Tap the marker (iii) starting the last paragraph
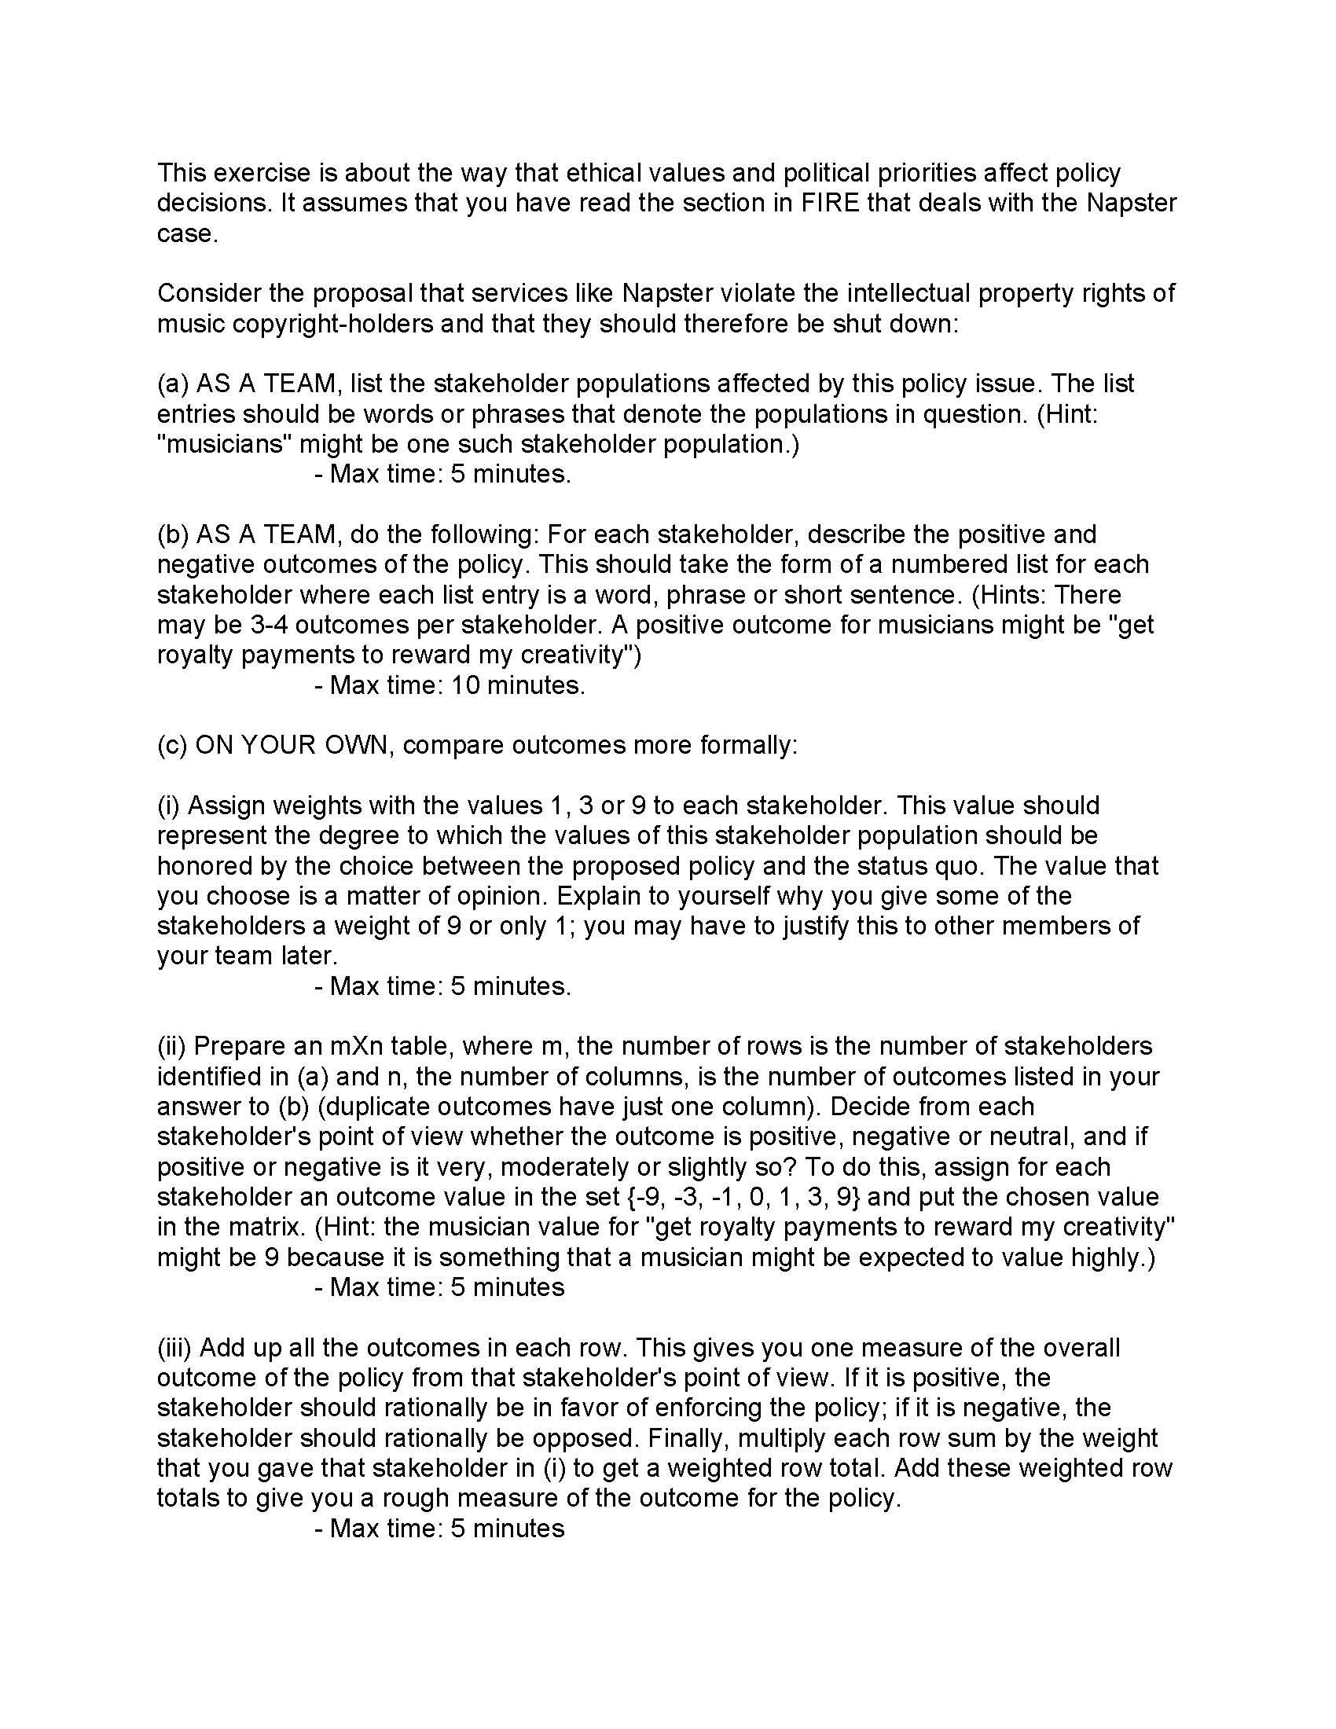tap(175, 1347)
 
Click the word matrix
tap(265, 1227)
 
